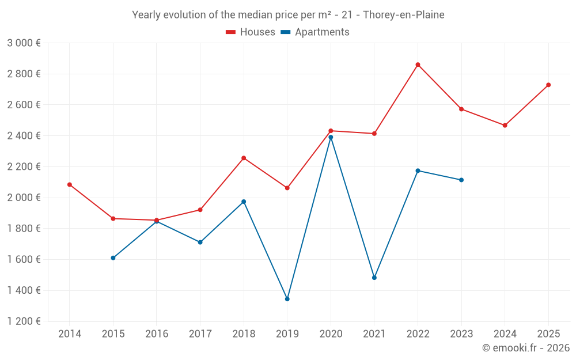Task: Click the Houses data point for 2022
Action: [418, 65]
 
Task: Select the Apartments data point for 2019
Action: [287, 299]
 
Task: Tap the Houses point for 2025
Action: [548, 85]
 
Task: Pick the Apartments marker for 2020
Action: [331, 137]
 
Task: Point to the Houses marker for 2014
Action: [70, 185]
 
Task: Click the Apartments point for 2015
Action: [113, 258]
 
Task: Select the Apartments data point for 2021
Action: [374, 278]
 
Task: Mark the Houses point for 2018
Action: [244, 158]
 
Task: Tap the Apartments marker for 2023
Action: [461, 180]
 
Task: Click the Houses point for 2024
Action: [505, 126]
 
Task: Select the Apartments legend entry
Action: [315, 32]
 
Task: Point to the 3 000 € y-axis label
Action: [24, 43]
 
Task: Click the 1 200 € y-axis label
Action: [24, 321]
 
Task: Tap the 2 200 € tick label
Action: [24, 166]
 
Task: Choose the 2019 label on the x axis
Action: [287, 334]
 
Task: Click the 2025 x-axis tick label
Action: [548, 334]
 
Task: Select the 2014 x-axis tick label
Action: [70, 334]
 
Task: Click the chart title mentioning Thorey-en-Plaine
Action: [288, 15]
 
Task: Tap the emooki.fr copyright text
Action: [526, 348]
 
